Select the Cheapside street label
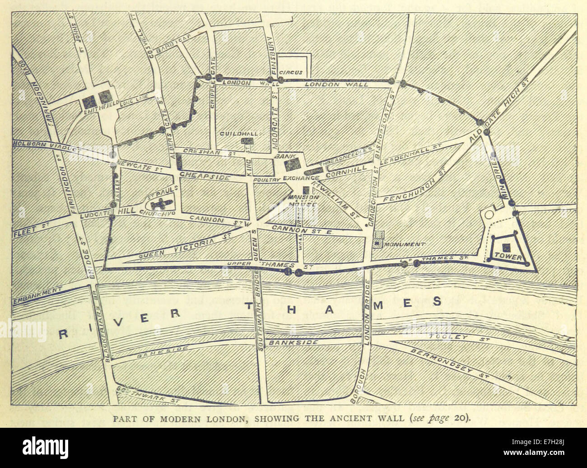[x=205, y=175]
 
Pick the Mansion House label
[x=303, y=201]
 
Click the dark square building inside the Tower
[x=507, y=246]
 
